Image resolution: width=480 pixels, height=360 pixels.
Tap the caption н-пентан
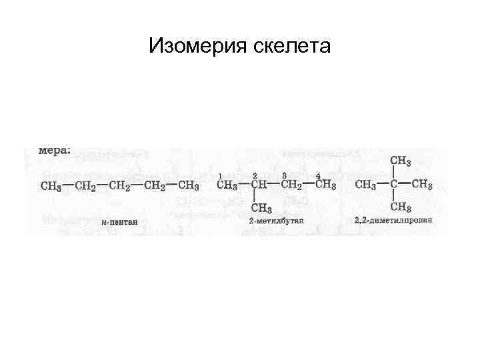[120, 222]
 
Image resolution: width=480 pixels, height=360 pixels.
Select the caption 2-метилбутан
[271, 220]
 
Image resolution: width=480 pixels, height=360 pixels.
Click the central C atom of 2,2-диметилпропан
[395, 184]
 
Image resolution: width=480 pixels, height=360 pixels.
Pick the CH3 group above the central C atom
[400, 161]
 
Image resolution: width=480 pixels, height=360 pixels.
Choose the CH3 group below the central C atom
[400, 207]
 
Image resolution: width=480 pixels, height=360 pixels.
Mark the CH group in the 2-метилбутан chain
[259, 185]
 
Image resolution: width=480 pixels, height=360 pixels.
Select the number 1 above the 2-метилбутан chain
[221, 175]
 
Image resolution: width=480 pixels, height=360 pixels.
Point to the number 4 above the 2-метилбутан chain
[317, 175]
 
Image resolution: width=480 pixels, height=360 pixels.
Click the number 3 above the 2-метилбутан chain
[284, 175]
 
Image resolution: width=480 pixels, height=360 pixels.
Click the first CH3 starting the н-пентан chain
[51, 185]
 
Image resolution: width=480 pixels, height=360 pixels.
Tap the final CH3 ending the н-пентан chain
[189, 185]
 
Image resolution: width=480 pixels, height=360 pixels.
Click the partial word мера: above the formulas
[54, 151]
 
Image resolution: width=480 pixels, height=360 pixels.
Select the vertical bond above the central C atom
[395, 173]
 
